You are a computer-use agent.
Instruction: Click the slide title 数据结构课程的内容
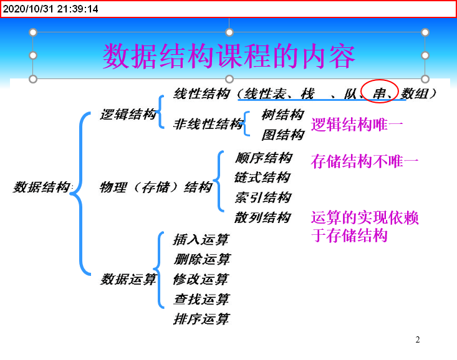tap(229, 57)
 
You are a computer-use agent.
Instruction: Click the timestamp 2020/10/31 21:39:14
tap(50, 9)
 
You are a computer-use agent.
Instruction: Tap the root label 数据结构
tap(42, 187)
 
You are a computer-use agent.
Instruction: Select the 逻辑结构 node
tap(128, 115)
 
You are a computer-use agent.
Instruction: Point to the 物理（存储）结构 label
tap(156, 187)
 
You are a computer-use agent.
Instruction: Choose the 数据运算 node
tap(128, 280)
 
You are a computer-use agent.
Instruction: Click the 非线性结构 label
tap(208, 124)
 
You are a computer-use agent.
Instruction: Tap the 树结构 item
tap(282, 115)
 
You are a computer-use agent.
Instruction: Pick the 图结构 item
tap(282, 135)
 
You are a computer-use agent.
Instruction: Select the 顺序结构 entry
tap(262, 157)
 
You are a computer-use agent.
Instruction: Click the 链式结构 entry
tap(262, 178)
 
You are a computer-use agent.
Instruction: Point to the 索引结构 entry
tap(262, 197)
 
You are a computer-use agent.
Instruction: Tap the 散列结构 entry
tap(262, 217)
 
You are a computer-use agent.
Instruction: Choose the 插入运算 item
tap(201, 239)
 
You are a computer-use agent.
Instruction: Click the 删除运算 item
tap(201, 259)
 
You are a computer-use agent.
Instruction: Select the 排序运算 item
tap(201, 320)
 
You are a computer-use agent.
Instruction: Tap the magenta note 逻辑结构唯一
tap(357, 125)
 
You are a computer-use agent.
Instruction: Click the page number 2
tap(418, 339)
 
